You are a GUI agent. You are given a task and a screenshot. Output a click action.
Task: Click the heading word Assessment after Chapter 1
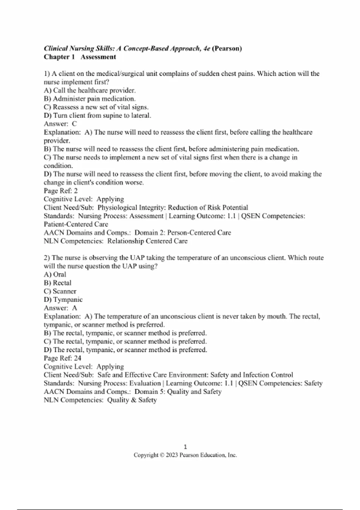98,57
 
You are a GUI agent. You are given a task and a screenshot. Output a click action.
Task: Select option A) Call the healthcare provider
90,90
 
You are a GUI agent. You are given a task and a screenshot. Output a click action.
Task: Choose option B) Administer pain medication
90,99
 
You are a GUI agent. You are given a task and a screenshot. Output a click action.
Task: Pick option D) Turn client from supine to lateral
97,115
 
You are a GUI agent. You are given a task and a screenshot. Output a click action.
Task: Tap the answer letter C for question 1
74,124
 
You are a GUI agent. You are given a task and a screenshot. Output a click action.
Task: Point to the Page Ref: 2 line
61,191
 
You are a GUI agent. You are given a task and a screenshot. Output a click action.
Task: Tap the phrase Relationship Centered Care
147,241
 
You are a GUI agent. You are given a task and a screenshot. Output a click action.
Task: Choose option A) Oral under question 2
55,274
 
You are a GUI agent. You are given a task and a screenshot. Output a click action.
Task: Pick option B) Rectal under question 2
58,283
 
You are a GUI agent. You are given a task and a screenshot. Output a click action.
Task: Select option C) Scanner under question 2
60,291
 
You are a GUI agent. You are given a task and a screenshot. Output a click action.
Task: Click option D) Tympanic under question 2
63,300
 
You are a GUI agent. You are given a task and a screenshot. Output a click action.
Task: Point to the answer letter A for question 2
74,308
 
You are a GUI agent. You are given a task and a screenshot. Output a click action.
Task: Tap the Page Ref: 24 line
62,358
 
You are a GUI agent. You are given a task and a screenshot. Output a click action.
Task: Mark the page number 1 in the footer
185,447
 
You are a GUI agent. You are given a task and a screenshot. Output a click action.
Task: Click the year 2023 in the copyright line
172,455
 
